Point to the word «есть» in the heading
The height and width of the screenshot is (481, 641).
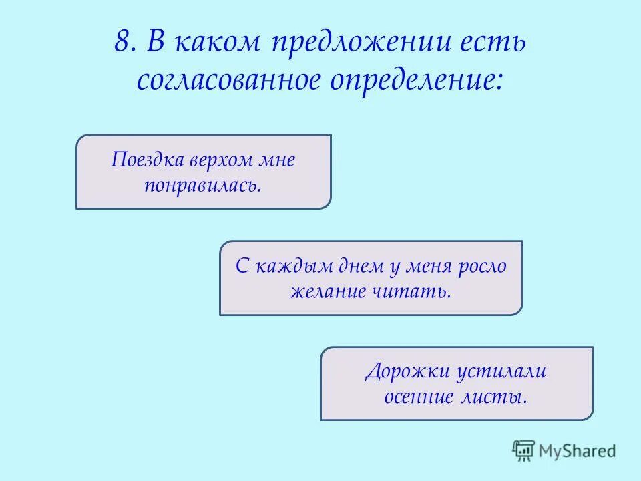tap(493, 43)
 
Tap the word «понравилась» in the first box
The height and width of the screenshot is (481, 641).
tap(202, 184)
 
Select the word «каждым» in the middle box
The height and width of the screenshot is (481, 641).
tap(286, 267)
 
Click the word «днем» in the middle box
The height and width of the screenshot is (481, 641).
tap(354, 267)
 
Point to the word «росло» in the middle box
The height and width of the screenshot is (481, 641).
tap(482, 267)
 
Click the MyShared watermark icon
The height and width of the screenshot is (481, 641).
tap(523, 451)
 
